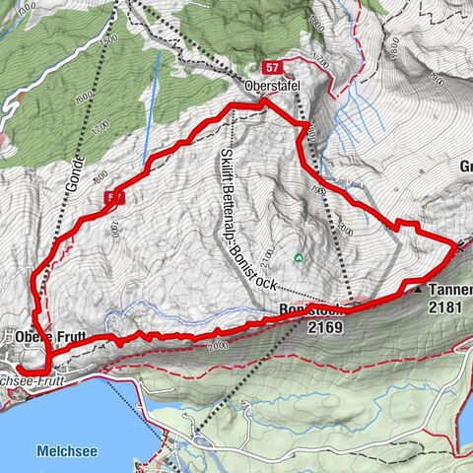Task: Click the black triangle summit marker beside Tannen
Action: pos(418,291)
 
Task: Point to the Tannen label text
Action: pos(449,291)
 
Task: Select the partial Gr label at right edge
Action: pos(464,167)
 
